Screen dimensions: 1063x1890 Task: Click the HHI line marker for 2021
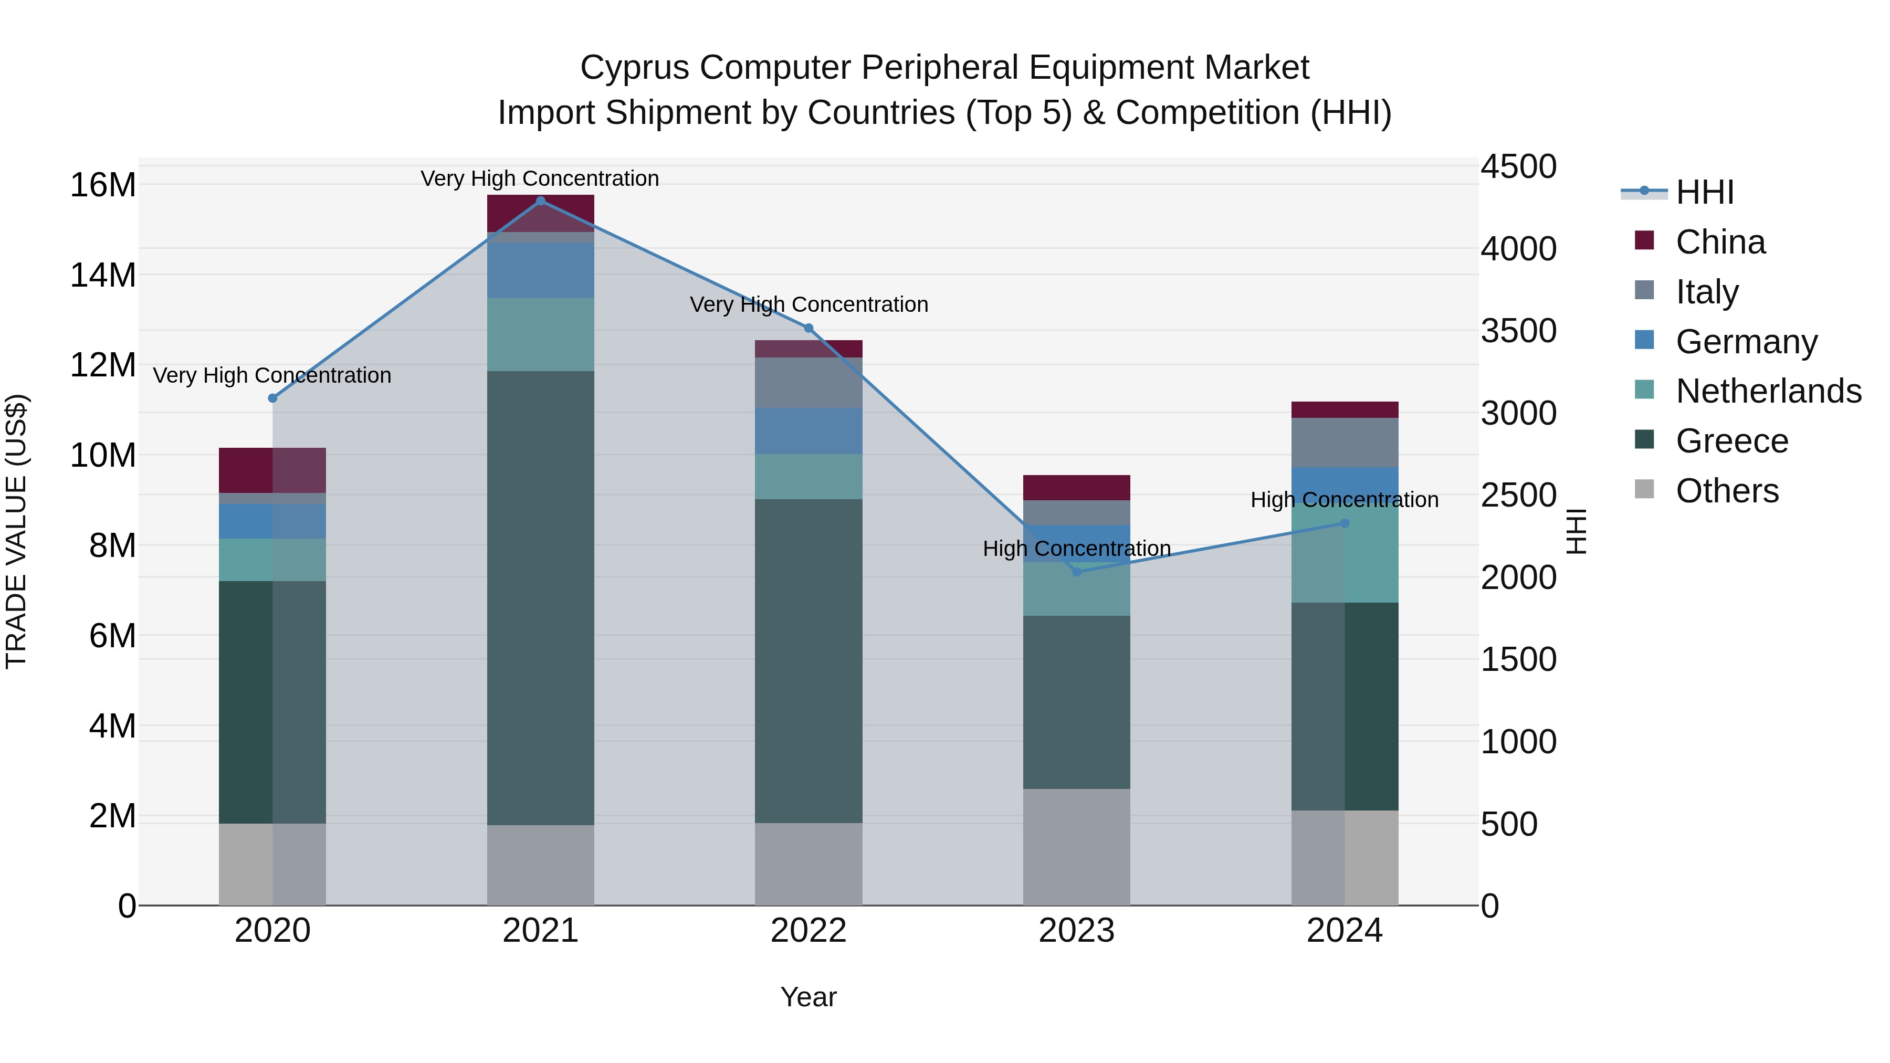[541, 201]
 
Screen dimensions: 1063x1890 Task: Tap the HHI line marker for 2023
[1076, 572]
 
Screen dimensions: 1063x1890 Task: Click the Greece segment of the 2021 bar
[541, 598]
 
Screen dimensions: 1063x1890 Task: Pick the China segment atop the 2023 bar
[1076, 488]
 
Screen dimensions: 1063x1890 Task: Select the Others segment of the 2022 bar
[808, 864]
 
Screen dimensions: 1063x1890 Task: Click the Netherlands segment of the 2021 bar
[541, 334]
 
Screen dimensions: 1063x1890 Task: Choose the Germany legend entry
[1746, 342]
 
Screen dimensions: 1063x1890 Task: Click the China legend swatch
[1644, 240]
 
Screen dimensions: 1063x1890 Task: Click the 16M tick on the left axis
[103, 185]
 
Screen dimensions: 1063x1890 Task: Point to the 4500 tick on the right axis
[1518, 166]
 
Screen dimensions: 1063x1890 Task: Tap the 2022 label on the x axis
[808, 931]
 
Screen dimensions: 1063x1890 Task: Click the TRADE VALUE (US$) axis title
[16, 531]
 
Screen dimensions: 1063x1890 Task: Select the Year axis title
[808, 997]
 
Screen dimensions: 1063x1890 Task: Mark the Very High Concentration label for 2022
[808, 304]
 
